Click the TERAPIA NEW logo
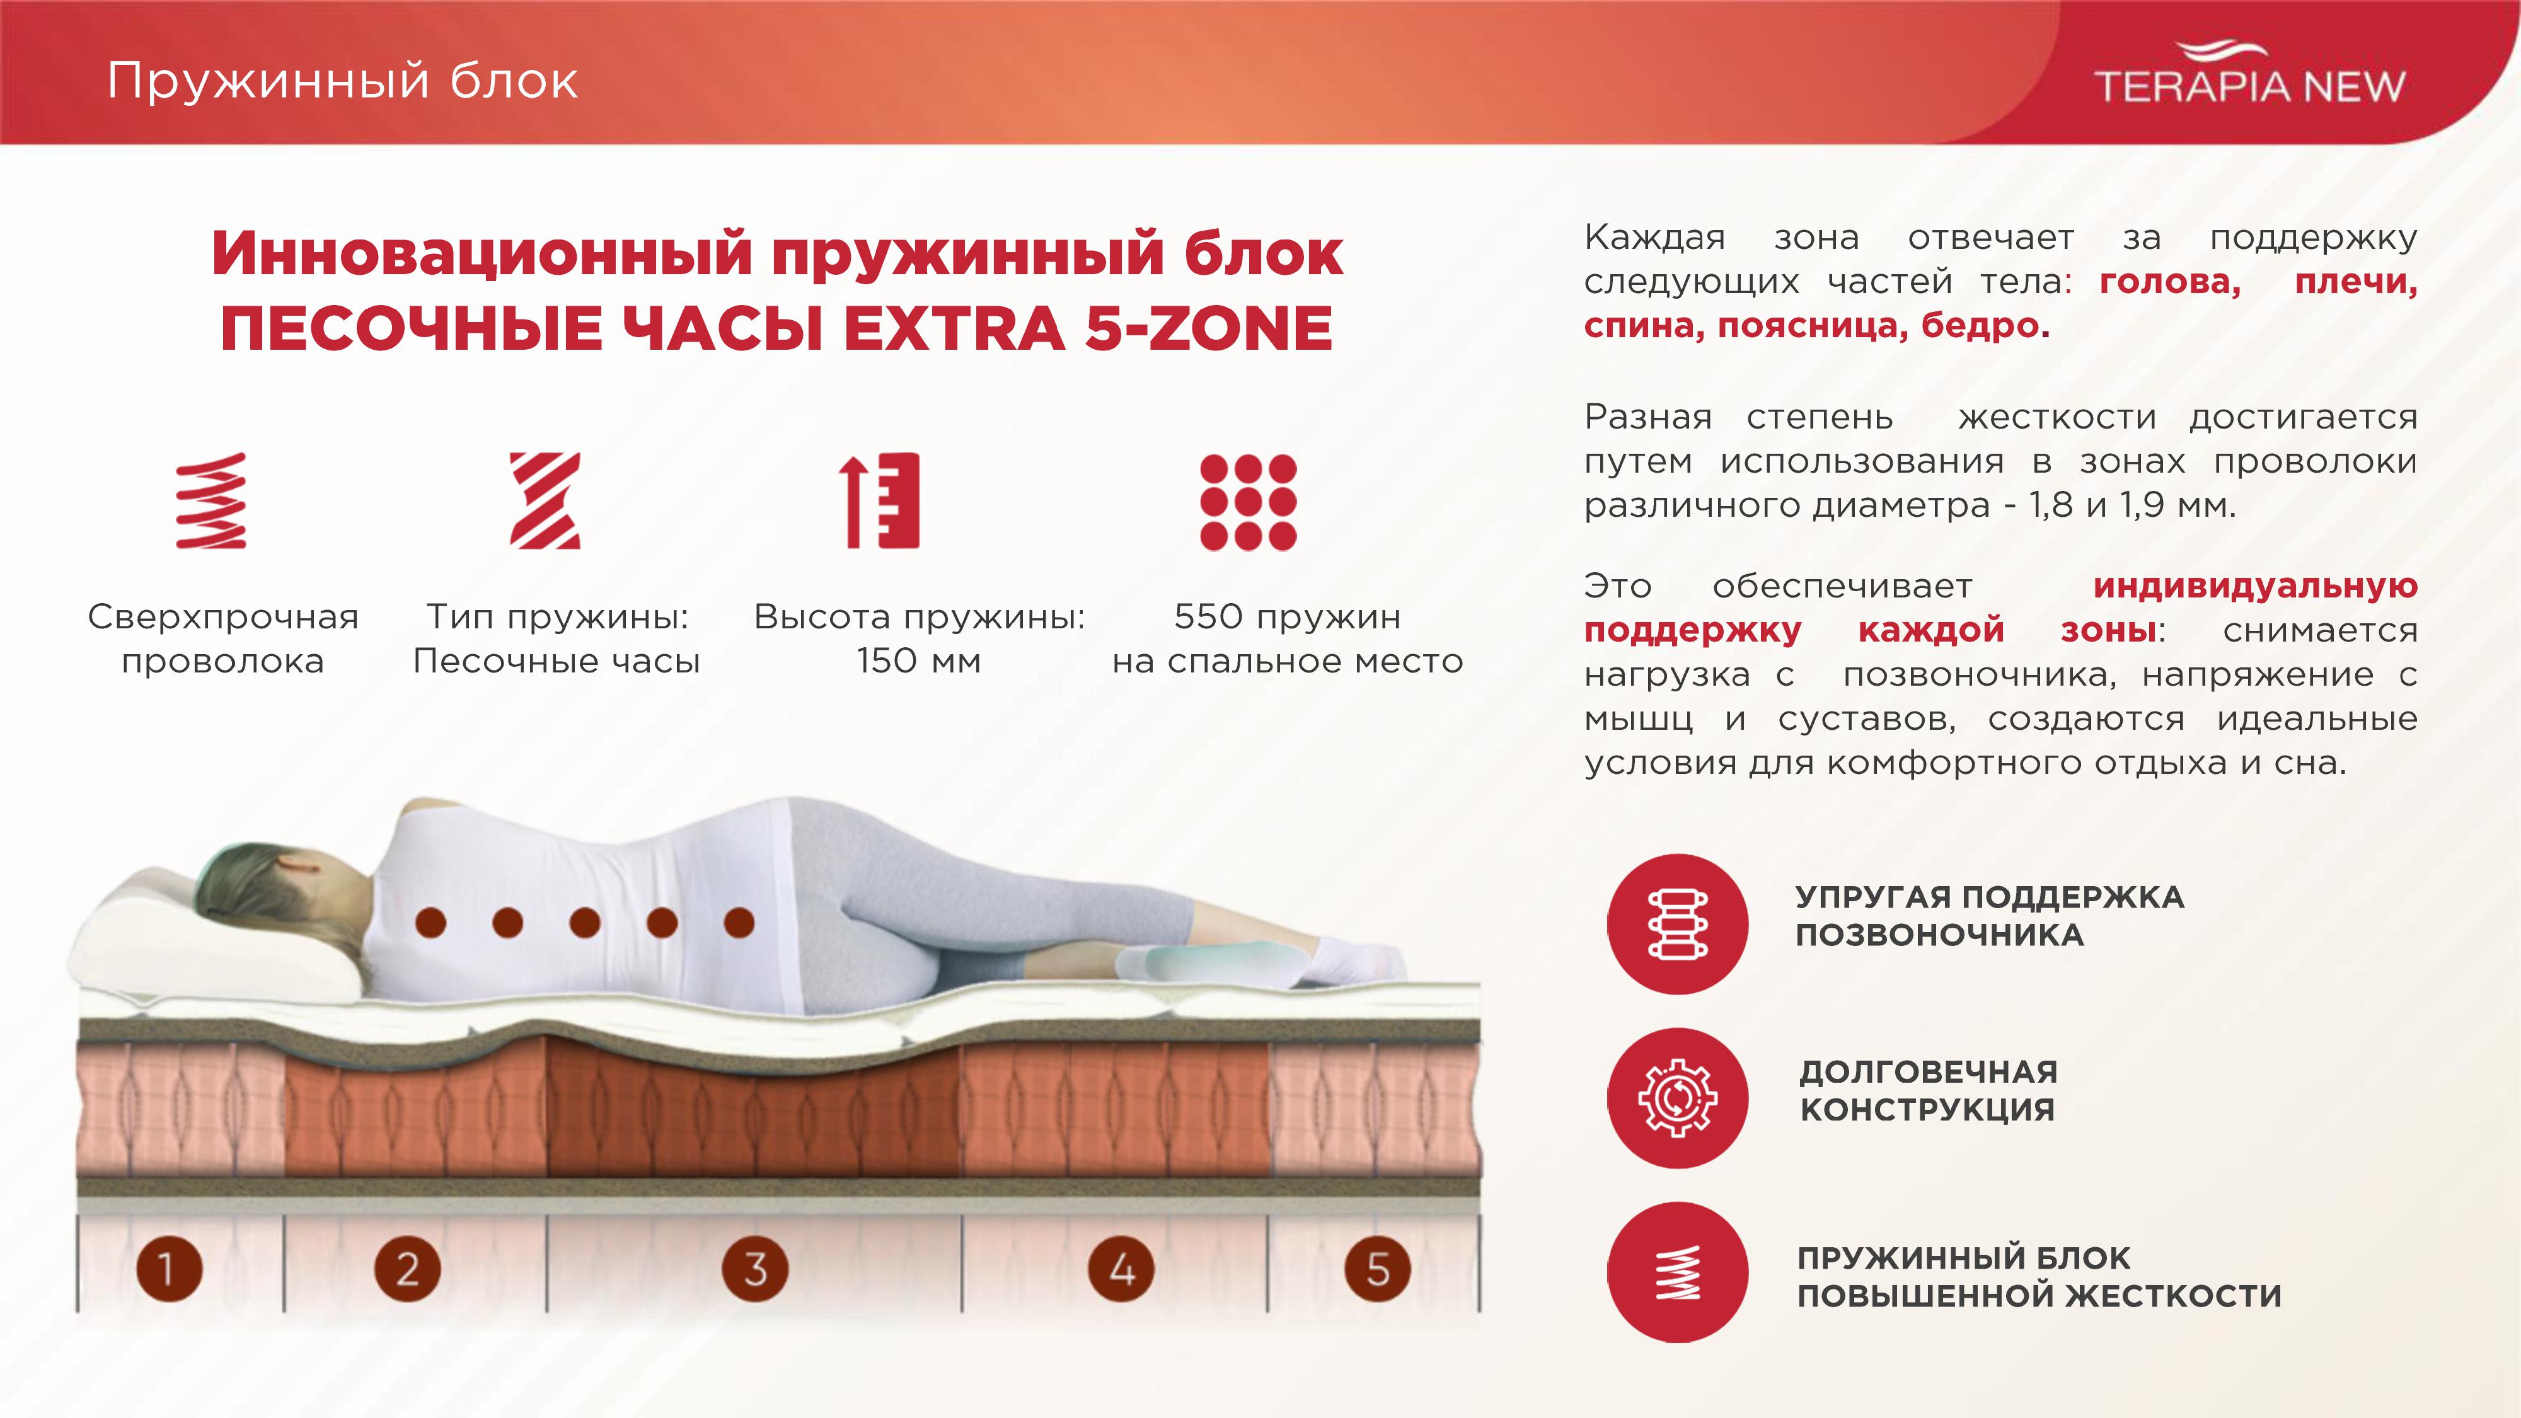click(x=2249, y=73)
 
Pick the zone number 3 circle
click(x=754, y=1269)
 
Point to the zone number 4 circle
click(x=1122, y=1269)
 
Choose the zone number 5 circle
click(x=1378, y=1269)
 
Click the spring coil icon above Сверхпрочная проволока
click(x=211, y=500)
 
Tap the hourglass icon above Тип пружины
click(x=545, y=500)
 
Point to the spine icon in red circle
click(x=1677, y=924)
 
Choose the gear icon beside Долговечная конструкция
click(x=1677, y=1097)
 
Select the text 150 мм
click(x=918, y=662)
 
